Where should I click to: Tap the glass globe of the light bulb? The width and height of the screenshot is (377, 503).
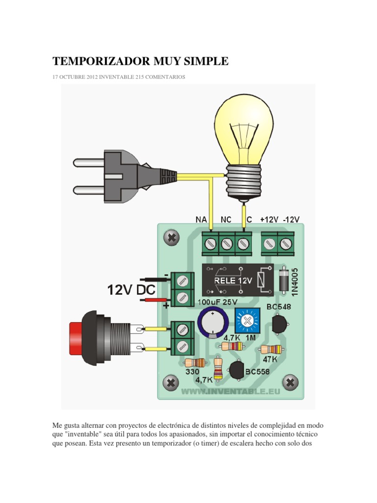(x=244, y=128)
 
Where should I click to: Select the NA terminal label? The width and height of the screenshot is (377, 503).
(x=202, y=220)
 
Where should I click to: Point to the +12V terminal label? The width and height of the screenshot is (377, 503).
(x=269, y=220)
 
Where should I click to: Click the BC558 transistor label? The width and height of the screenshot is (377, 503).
(x=257, y=372)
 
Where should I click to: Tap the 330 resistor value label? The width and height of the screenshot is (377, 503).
(x=192, y=373)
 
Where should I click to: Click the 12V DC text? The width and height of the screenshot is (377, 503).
(x=132, y=290)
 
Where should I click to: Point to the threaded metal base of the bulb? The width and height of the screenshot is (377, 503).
(x=244, y=180)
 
